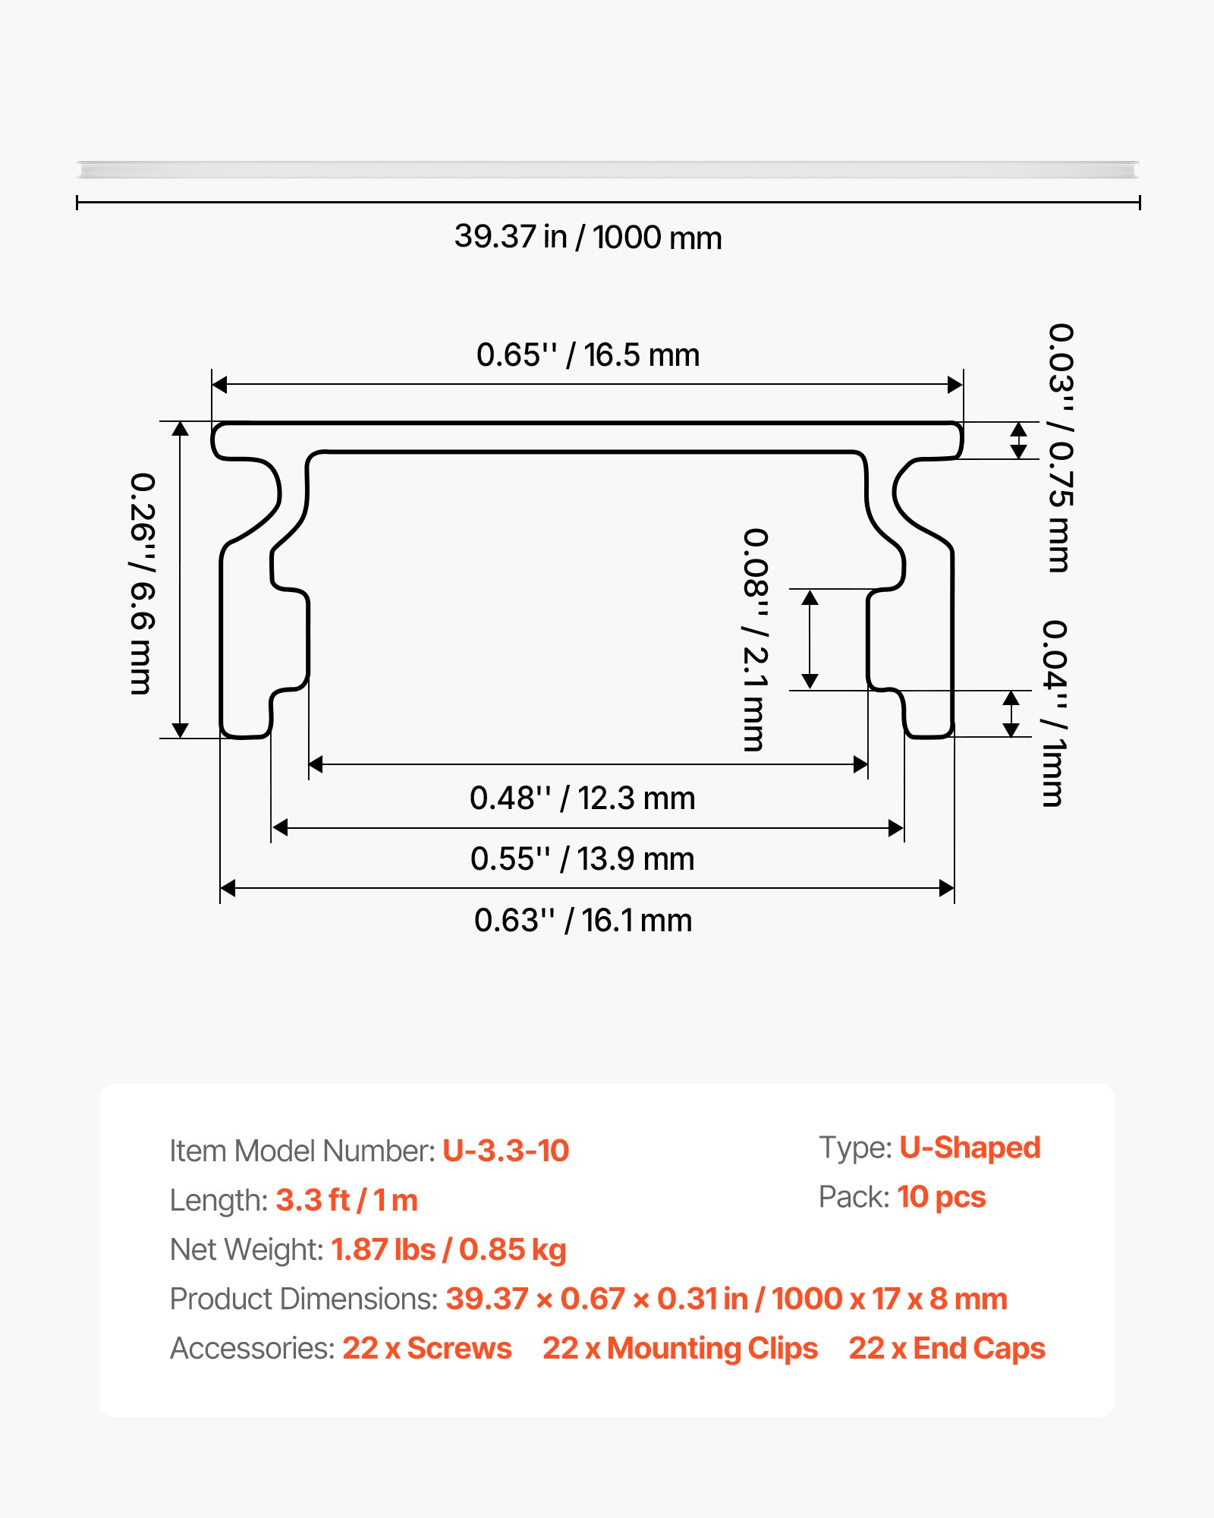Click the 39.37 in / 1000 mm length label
point(588,238)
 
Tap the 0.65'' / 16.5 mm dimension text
point(588,355)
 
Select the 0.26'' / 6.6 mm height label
point(142,584)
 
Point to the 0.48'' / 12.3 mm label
point(582,798)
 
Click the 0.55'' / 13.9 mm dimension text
point(582,859)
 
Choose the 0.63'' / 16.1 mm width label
point(583,921)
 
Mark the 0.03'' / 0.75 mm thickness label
point(1060,448)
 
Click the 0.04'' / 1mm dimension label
point(1054,713)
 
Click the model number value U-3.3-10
point(505,1151)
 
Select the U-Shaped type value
point(970,1148)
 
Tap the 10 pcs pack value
point(941,1197)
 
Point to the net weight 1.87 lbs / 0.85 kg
point(448,1249)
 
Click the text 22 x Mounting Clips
point(680,1348)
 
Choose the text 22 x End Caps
point(946,1348)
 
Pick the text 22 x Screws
point(426,1348)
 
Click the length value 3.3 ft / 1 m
point(347,1200)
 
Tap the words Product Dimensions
point(303,1299)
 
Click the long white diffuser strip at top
point(607,169)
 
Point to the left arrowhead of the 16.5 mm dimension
point(219,385)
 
